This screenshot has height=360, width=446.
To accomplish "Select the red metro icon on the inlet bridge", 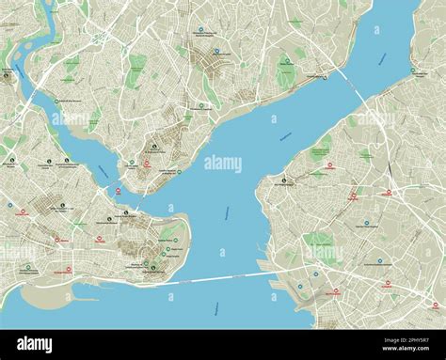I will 119,192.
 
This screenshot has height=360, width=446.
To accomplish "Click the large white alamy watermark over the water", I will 223,164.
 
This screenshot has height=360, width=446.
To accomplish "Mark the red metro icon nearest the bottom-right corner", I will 435,305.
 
